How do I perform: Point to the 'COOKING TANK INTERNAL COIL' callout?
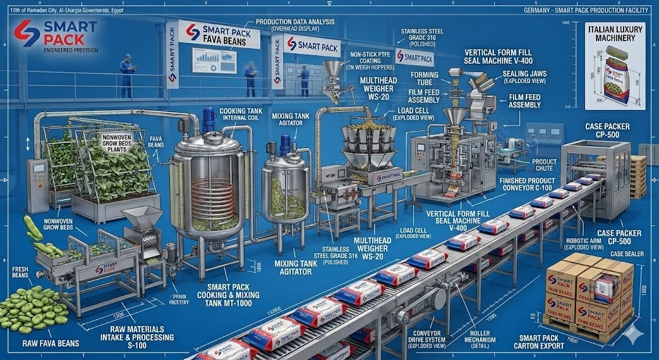tap(241, 115)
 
